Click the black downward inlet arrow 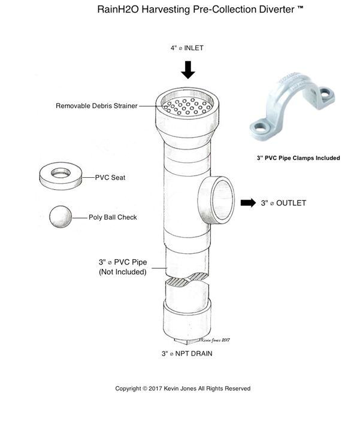[188, 70]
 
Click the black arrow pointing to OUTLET [248, 203]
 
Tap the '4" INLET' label [187, 48]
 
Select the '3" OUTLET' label [283, 203]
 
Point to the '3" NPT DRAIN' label [187, 354]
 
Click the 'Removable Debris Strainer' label [96, 106]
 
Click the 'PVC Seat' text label [110, 178]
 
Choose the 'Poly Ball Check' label [113, 217]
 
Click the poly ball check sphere [60, 217]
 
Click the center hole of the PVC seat [60, 173]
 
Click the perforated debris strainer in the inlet [187, 107]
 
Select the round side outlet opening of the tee [223, 200]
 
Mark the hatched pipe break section [187, 280]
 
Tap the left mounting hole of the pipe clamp [260, 128]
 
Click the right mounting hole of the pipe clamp [325, 94]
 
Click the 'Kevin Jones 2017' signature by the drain [214, 340]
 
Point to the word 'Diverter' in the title [276, 10]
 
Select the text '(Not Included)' [123, 272]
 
